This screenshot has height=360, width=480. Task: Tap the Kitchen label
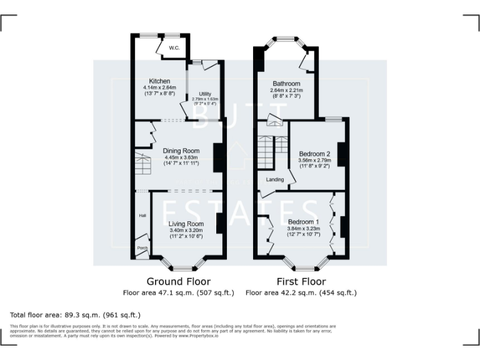tap(159, 81)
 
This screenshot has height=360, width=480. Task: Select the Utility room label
tap(205, 94)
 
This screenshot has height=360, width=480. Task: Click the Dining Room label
tap(181, 151)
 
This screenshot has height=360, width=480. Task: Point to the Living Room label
tap(186, 224)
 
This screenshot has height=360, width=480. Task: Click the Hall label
tap(142, 216)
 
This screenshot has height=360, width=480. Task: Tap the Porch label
tap(142, 248)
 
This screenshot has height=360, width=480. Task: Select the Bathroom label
tap(286, 84)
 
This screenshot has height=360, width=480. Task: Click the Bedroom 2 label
tap(314, 154)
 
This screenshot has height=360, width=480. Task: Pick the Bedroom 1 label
tap(303, 222)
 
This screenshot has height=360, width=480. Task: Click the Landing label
tap(275, 179)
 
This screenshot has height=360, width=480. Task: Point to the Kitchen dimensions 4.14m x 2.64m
tap(159, 88)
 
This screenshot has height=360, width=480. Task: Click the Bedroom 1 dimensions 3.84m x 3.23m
tap(303, 229)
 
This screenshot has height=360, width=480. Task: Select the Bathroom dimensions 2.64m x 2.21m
tap(286, 91)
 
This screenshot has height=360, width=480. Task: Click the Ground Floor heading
tap(178, 281)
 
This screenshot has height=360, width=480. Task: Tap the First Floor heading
tap(301, 281)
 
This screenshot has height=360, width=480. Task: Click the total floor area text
tap(76, 314)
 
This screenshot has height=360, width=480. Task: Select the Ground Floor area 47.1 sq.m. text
tap(178, 292)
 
